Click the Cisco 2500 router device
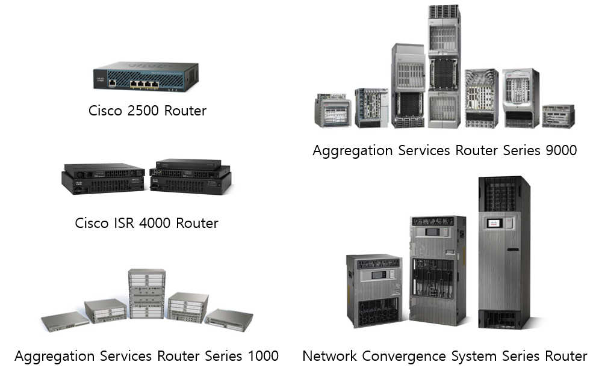145,76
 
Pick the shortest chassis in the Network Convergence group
373,290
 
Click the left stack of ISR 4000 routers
103,177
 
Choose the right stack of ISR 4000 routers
190,176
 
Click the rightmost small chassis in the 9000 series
558,115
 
